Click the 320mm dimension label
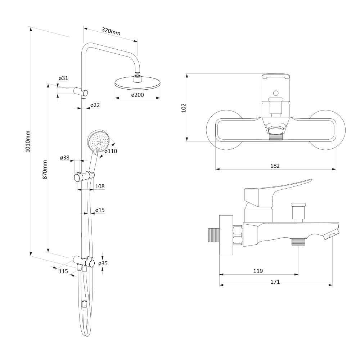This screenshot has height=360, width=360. pos(111,31)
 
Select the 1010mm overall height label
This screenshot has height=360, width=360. pos(28,141)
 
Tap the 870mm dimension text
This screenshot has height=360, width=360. pos(45,170)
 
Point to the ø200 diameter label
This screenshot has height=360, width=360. pos(138,95)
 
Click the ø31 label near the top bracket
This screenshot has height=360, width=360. pos(63,78)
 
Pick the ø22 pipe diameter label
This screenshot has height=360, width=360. pos(95,105)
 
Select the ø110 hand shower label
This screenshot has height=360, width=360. pos(111,151)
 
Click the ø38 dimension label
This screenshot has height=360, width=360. pos(64,158)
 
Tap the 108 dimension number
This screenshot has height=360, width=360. pos(100,186)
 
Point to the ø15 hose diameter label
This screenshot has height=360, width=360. pos(100,210)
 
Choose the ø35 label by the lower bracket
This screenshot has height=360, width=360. pos(103,264)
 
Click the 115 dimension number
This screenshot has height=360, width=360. pos(63,271)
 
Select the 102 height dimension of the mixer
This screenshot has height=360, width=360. pos(184,108)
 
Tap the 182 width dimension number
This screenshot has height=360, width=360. pos(275,166)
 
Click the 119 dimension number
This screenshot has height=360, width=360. pos(258,271)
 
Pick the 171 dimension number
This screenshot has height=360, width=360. pos(275,282)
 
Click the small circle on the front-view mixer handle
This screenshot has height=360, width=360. pos(276,93)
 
